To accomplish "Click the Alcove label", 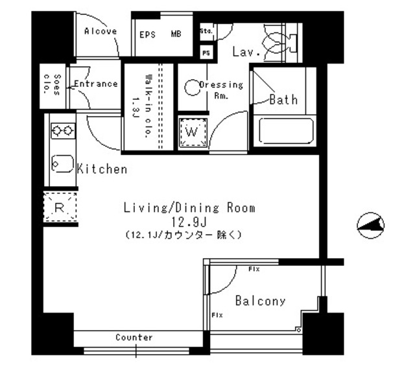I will pos(101,31).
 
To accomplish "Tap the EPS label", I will pos(148,34).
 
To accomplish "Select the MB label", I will pos(176,34).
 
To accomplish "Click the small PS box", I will pos(206,53).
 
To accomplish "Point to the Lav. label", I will pos(246,51).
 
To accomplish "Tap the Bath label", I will pos(283,99).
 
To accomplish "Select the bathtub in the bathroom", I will pos(286,132).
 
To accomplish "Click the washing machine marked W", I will pos(192,132).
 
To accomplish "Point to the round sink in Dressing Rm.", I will pos(191,87).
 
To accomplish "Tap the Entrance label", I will pos(95,84).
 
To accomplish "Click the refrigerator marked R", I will pos(60,208).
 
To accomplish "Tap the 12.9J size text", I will pos(188,222).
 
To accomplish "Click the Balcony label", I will pos(260,301).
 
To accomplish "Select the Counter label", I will pos(134,338).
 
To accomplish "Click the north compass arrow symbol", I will pos(371,225).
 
